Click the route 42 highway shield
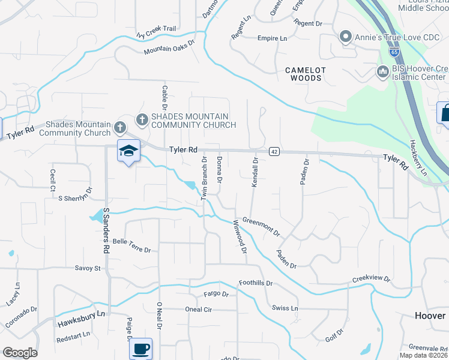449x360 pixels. click(x=274, y=152)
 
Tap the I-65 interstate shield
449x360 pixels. click(x=394, y=52)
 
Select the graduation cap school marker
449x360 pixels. click(x=128, y=151)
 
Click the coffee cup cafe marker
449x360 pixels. click(x=140, y=348)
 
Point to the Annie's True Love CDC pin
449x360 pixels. click(x=345, y=38)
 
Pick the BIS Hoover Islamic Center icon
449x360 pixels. click(x=382, y=72)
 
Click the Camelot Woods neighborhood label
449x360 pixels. click(x=306, y=74)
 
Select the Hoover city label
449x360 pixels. click(x=430, y=316)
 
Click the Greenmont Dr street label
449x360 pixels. click(x=261, y=226)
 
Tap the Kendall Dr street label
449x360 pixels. click(x=255, y=172)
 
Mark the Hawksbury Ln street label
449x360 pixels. click(x=81, y=319)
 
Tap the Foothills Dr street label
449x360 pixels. click(x=256, y=283)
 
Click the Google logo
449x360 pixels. click(x=20, y=353)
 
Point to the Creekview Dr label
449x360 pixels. click(x=371, y=280)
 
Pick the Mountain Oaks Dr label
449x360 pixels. click(x=170, y=47)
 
